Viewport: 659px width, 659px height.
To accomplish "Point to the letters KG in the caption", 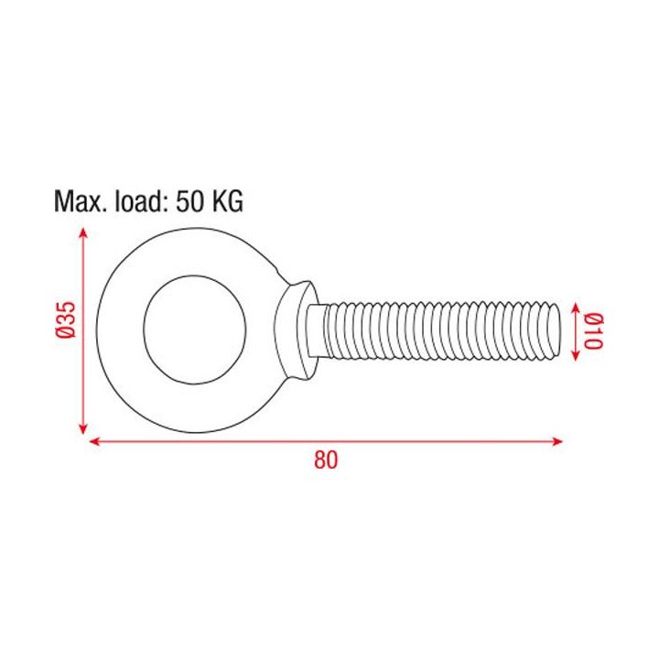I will tap(229, 201).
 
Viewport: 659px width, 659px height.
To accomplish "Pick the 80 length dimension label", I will tap(326, 461).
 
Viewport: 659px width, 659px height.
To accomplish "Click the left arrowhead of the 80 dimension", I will tap(94, 442).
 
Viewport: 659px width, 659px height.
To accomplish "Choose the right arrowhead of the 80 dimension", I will tap(558, 442).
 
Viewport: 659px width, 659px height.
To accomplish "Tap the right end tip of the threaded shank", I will tap(557, 330).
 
